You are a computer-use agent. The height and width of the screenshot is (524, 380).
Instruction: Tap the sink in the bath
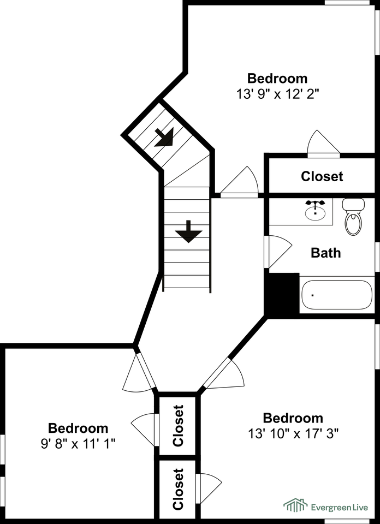click(x=315, y=213)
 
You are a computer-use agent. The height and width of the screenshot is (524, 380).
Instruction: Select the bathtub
click(x=336, y=295)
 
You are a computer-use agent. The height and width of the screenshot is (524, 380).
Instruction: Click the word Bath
click(x=326, y=253)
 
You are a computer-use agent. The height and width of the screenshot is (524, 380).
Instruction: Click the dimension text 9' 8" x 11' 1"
click(x=78, y=444)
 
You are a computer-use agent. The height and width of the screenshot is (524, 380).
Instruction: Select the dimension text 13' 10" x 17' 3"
click(x=293, y=434)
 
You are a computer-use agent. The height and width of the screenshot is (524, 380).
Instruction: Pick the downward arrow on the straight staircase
click(x=188, y=231)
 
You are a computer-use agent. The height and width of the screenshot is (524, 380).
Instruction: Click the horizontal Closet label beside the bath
click(x=322, y=176)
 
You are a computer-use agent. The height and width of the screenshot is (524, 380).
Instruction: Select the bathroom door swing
click(x=278, y=252)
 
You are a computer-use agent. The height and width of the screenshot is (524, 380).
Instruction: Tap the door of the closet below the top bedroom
click(x=323, y=144)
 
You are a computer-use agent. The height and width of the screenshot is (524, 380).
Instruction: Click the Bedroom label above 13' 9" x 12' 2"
click(x=277, y=79)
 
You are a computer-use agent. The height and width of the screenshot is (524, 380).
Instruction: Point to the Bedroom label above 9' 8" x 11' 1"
click(x=78, y=428)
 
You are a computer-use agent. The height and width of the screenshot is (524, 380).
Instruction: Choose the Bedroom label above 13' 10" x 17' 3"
click(x=293, y=418)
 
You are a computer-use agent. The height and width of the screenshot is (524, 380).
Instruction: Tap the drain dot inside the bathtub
click(x=313, y=295)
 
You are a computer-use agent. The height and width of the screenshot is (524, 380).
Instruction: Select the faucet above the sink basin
click(x=315, y=203)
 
